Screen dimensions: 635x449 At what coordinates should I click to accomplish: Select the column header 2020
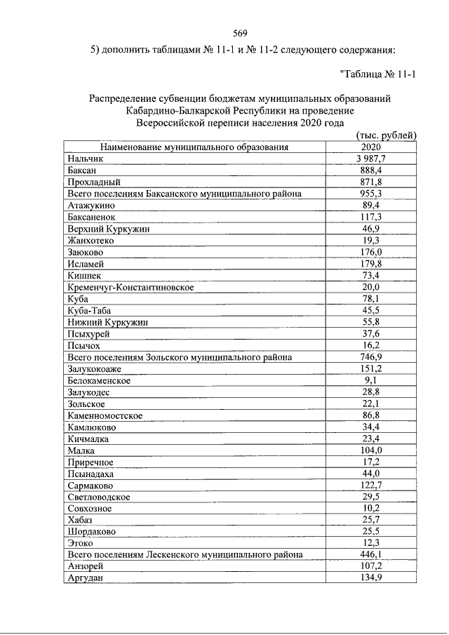click(371, 147)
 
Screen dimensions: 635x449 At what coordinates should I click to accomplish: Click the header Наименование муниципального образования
click(194, 147)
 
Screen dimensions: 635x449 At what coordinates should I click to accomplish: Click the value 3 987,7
click(371, 159)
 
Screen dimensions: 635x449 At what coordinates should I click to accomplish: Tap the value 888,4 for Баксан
click(371, 171)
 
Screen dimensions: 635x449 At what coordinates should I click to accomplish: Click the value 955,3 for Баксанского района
click(371, 194)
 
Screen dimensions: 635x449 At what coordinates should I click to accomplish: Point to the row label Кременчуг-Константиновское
click(131, 287)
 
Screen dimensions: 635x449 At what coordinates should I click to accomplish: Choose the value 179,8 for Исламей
click(371, 264)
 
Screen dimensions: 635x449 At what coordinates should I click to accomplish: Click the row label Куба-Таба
click(90, 310)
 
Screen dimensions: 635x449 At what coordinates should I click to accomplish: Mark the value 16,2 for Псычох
click(371, 345)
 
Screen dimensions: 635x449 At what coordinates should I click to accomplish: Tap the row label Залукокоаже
click(97, 368)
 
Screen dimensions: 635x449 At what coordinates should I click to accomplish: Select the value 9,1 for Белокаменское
click(371, 380)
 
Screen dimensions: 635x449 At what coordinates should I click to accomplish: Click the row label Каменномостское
click(105, 415)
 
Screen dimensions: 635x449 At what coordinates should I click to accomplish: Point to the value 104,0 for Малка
click(371, 450)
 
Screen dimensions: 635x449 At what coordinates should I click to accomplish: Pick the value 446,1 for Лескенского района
click(371, 554)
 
